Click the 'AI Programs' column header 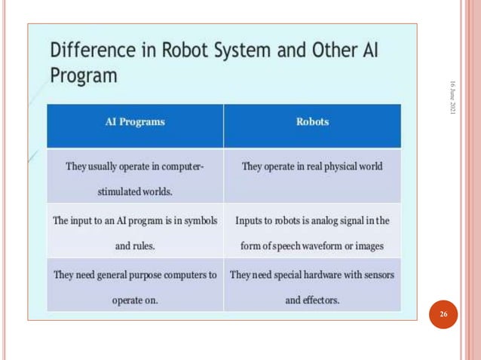click(135, 121)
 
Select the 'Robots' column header click(312, 121)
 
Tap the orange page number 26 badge click(444, 313)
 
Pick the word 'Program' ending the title click(84, 76)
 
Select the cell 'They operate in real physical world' click(312, 166)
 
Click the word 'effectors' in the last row click(321, 300)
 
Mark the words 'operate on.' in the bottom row click(135, 300)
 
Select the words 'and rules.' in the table click(135, 246)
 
